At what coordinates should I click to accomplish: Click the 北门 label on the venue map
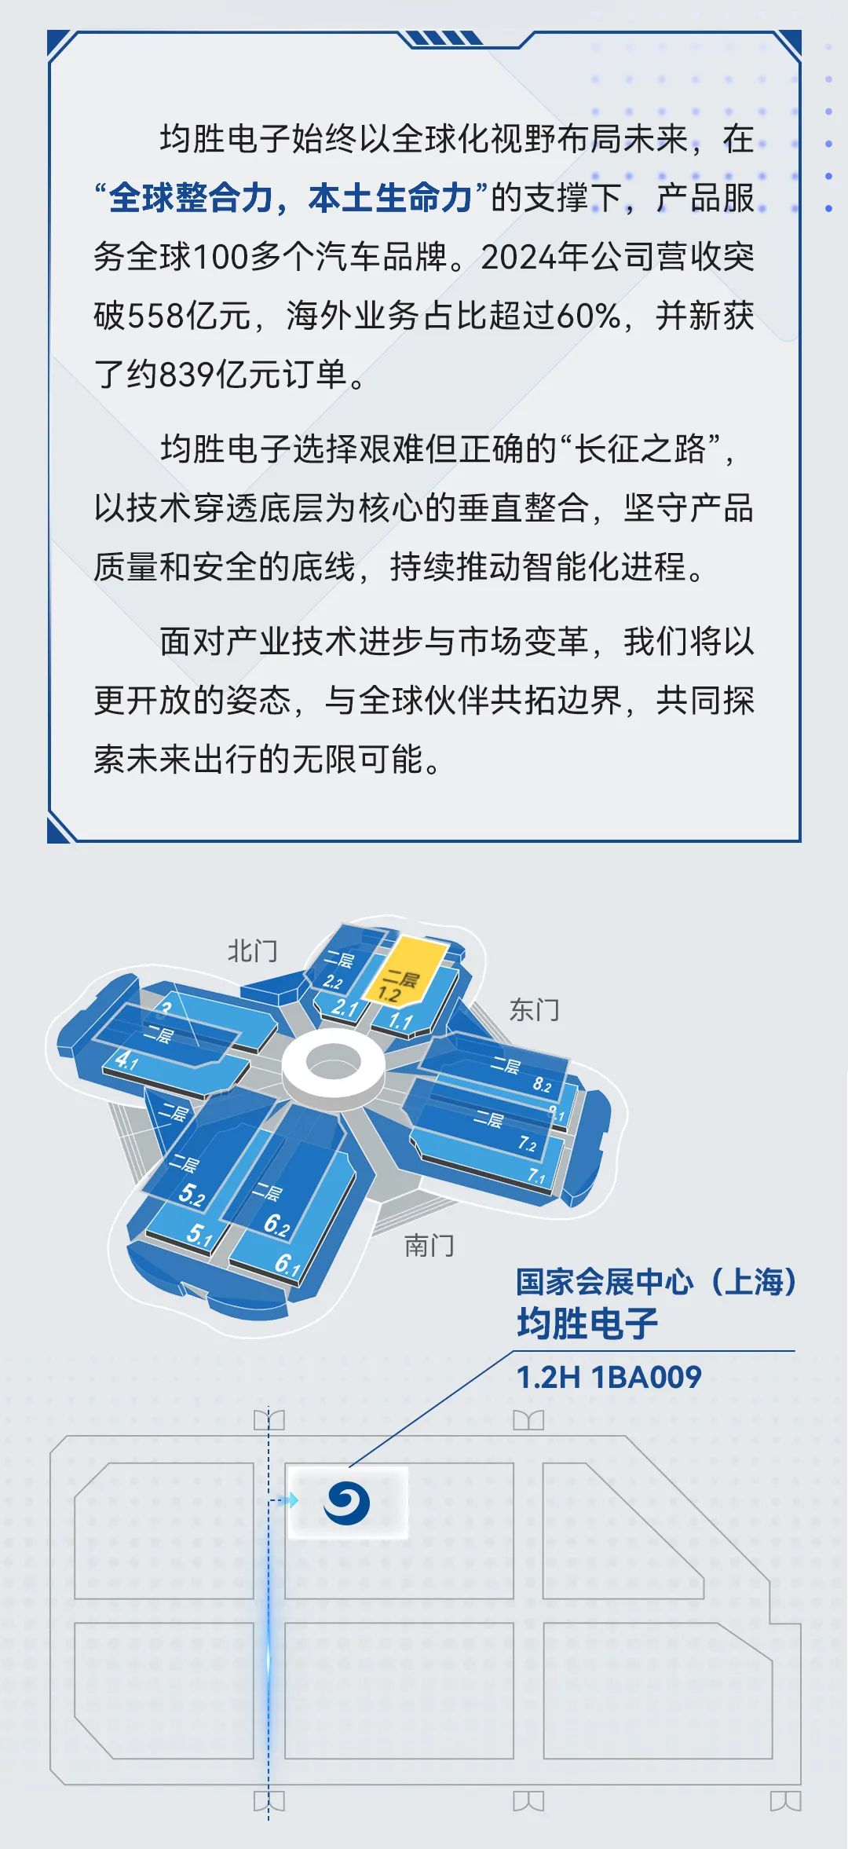[x=253, y=951]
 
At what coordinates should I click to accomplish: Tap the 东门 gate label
[x=535, y=1009]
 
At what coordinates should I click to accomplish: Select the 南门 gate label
[x=429, y=1245]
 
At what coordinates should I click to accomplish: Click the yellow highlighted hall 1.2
[x=402, y=972]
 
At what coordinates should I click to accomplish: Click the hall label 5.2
[x=191, y=1195]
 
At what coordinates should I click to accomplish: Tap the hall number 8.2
[x=542, y=1085]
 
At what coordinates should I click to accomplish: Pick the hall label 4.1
[x=126, y=1061]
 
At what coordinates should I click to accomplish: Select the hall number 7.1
[x=536, y=1176]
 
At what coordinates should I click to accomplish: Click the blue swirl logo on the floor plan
[x=347, y=1503]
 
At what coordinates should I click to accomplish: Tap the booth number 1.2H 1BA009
[x=609, y=1377]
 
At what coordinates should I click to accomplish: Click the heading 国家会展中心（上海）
[x=656, y=1282]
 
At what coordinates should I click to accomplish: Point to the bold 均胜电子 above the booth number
[x=587, y=1324]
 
